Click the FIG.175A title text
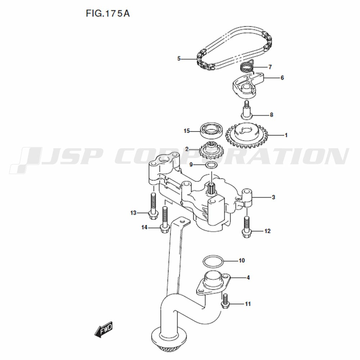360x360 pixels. pyautogui.click(x=108, y=14)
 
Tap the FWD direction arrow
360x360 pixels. pyautogui.click(x=104, y=329)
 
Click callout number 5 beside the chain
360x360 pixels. pyautogui.click(x=179, y=59)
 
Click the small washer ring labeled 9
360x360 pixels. pyautogui.click(x=211, y=165)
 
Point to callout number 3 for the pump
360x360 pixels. pyautogui.click(x=273, y=197)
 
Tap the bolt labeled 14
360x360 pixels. pyautogui.click(x=164, y=220)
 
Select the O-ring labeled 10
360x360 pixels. pyautogui.click(x=213, y=261)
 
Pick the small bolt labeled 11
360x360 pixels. pyautogui.click(x=225, y=301)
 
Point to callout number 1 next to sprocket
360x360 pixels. pyautogui.click(x=286, y=135)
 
